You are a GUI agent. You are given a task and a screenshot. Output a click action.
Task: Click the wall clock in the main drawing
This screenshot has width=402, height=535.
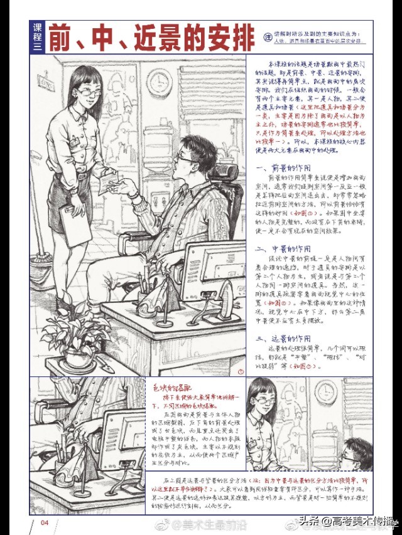[x=160, y=82]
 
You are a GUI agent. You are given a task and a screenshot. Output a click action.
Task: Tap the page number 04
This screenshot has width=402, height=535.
[x=45, y=522]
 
